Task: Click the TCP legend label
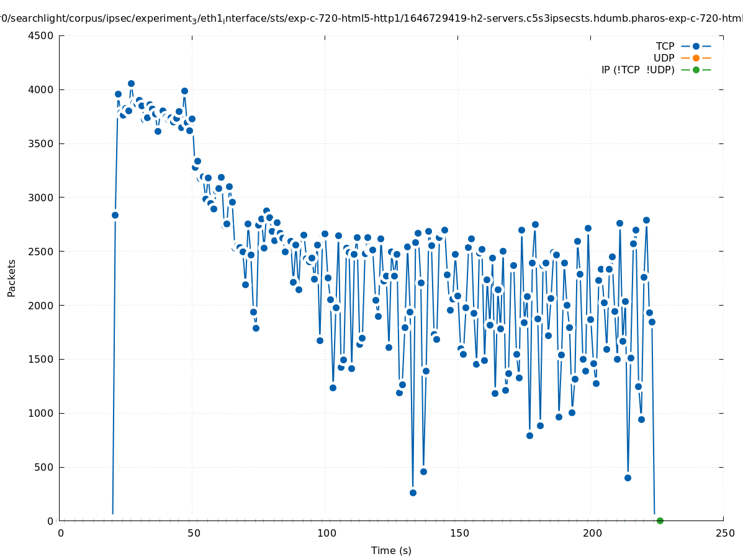coord(665,46)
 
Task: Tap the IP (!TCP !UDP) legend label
coord(637,70)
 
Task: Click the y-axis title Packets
coord(12,278)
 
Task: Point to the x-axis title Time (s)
coord(391,550)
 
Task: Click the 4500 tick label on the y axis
coord(42,35)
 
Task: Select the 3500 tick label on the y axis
coord(42,143)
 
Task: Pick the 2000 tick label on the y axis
coord(42,305)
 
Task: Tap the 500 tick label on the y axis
coord(45,467)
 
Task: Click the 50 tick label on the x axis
coord(194,533)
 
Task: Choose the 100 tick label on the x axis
coord(326,533)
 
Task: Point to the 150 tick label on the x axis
coord(459,533)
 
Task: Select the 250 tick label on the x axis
coord(724,533)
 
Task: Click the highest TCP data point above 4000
coord(131,83)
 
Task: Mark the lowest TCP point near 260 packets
coord(413,493)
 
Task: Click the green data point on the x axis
coord(660,520)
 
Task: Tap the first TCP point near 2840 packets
coord(115,215)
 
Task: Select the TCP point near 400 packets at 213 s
coord(628,478)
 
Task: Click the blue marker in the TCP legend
coord(696,46)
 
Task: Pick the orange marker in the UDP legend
coord(696,58)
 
